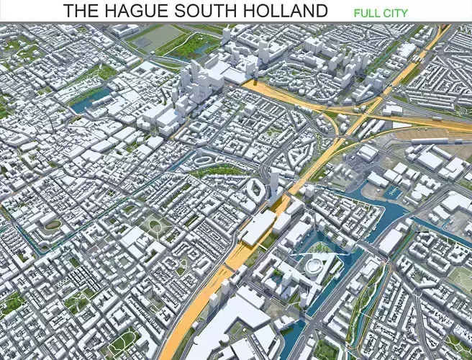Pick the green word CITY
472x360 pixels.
pyautogui.click(x=396, y=13)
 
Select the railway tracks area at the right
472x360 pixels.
pyautogui.click(x=432, y=133)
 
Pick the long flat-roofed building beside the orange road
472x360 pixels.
pyautogui.click(x=258, y=228)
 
